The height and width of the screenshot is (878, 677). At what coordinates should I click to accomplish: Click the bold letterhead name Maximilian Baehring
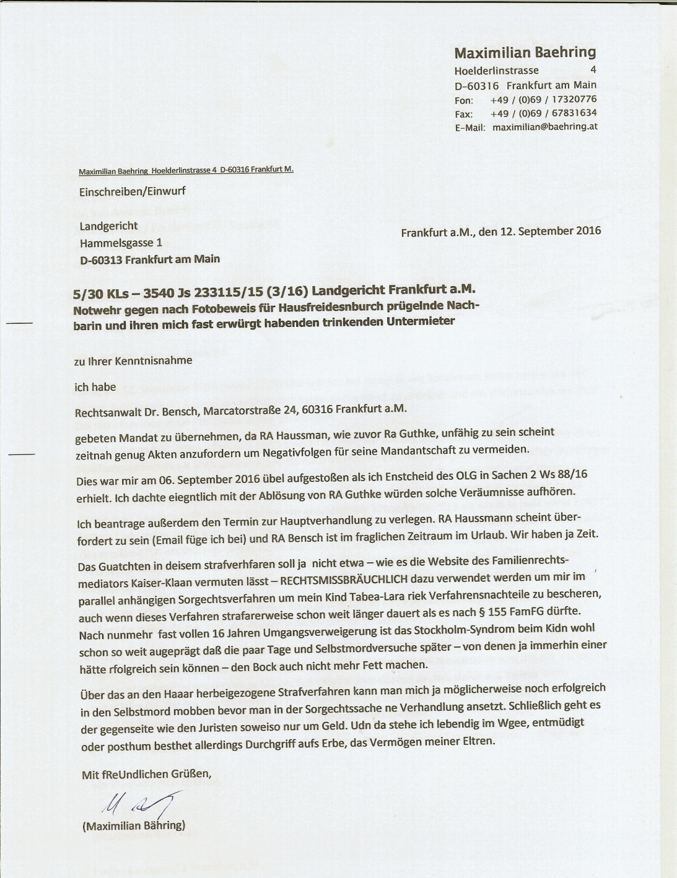pos(525,52)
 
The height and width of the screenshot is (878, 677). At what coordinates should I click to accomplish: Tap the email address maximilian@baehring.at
pos(545,127)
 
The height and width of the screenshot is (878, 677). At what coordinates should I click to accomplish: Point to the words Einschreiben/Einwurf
pos(132,191)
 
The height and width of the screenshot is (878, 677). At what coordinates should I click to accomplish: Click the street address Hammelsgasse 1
pos(121,243)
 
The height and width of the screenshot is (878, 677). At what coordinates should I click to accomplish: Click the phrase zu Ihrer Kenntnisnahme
pos(133,361)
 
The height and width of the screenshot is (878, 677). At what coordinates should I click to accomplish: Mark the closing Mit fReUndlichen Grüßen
pos(147,775)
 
